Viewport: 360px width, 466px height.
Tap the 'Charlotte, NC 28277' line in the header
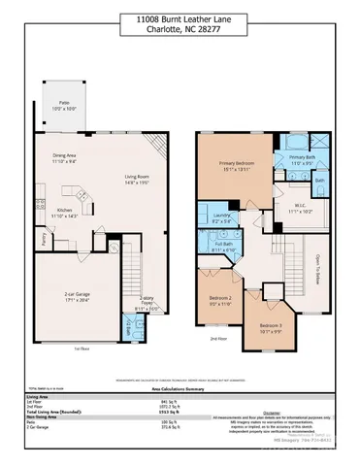click(180, 29)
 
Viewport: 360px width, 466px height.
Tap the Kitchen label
click(67, 212)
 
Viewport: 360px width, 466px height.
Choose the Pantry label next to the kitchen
click(43, 235)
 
